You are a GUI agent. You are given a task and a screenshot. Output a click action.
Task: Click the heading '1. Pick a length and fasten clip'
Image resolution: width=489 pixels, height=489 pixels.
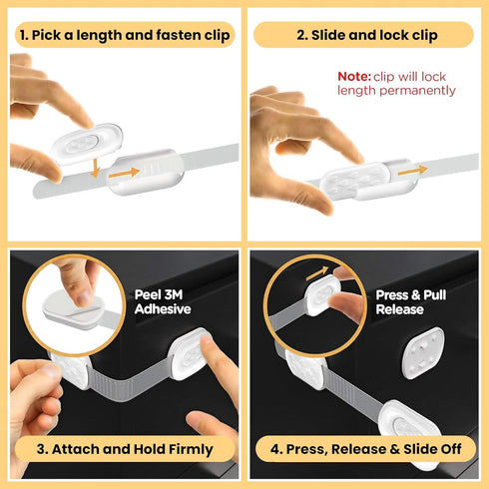[x=124, y=35]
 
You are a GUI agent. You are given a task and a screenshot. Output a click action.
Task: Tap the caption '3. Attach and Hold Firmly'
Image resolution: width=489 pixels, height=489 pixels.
[x=124, y=449]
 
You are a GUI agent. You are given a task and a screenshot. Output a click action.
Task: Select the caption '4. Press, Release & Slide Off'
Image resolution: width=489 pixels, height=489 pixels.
[x=362, y=449]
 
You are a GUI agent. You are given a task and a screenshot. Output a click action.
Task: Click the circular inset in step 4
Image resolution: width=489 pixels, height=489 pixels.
[x=308, y=303]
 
